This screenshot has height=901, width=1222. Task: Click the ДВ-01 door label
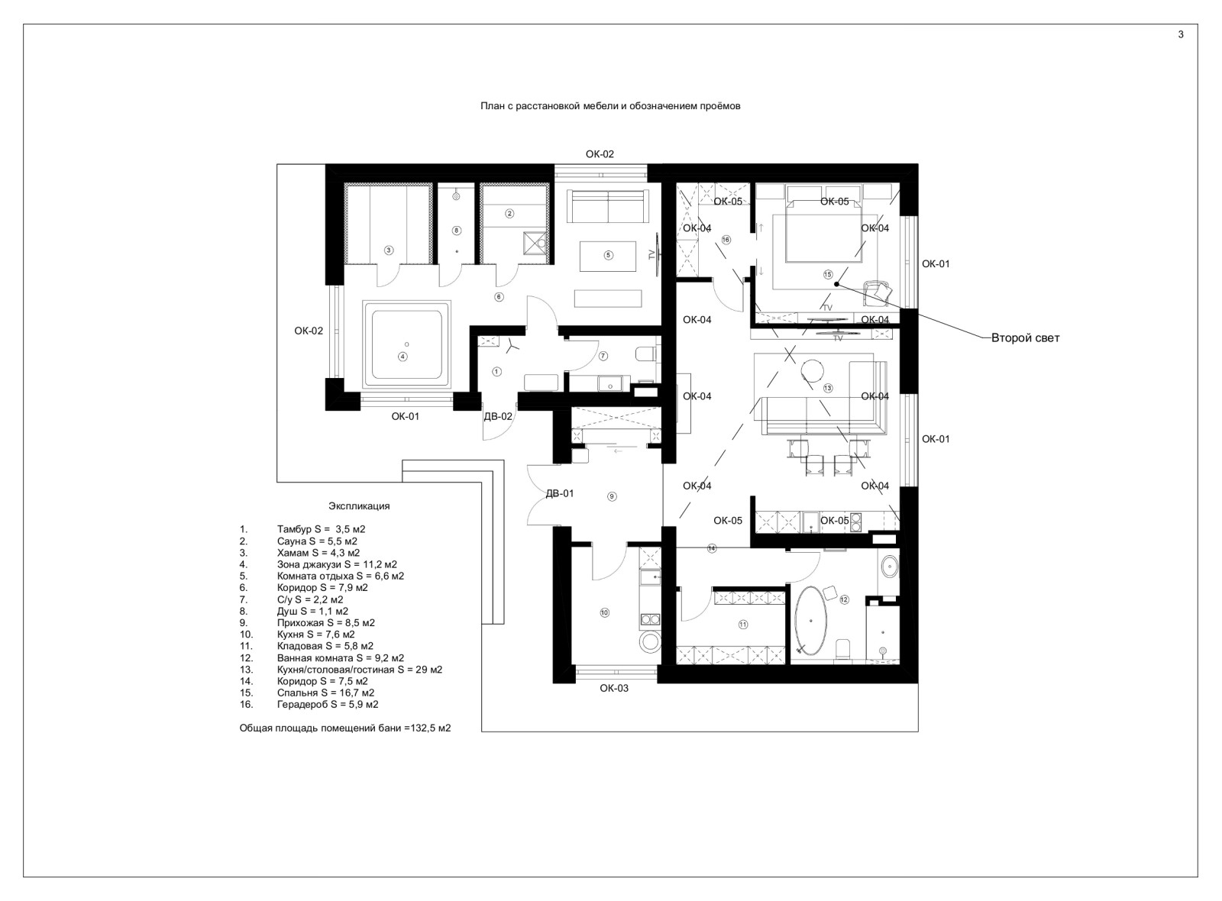pyautogui.click(x=560, y=493)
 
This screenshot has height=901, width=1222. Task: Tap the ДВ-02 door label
pyautogui.click(x=498, y=417)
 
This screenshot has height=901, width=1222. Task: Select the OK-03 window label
pyautogui.click(x=614, y=688)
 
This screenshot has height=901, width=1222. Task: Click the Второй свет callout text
pyautogui.click(x=1025, y=338)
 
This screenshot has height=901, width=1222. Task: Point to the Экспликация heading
pyautogui.click(x=359, y=506)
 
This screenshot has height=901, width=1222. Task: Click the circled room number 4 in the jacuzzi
pyautogui.click(x=402, y=357)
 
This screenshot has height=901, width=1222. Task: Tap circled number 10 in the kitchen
pyautogui.click(x=604, y=612)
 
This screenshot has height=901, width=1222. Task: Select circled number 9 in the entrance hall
pyautogui.click(x=612, y=496)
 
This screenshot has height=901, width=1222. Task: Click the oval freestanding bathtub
pyautogui.click(x=811, y=622)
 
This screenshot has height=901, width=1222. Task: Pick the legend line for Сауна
pyautogui.click(x=317, y=541)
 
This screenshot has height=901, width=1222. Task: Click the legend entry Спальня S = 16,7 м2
pyautogui.click(x=325, y=693)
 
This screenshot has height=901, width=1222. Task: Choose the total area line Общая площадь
pyautogui.click(x=345, y=728)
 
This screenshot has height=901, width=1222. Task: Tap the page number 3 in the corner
pyautogui.click(x=1181, y=34)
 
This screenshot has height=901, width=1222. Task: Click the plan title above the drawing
pyautogui.click(x=610, y=106)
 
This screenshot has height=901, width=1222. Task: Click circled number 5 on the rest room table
pyautogui.click(x=609, y=255)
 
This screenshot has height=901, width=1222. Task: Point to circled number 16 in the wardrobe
pyautogui.click(x=726, y=240)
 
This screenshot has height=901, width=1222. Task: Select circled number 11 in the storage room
pyautogui.click(x=742, y=625)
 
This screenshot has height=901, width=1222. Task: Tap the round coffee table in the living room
pyautogui.click(x=813, y=371)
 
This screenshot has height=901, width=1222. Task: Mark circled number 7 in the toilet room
pyautogui.click(x=603, y=356)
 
